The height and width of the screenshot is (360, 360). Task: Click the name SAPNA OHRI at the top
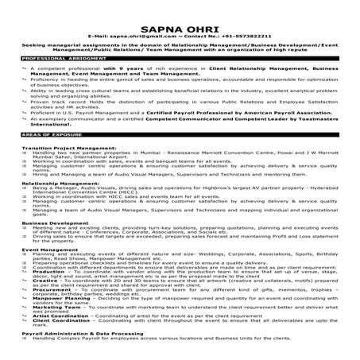point(180,23)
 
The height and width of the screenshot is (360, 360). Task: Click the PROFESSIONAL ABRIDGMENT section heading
point(59,59)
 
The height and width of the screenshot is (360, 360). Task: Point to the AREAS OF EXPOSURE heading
point(48,139)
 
